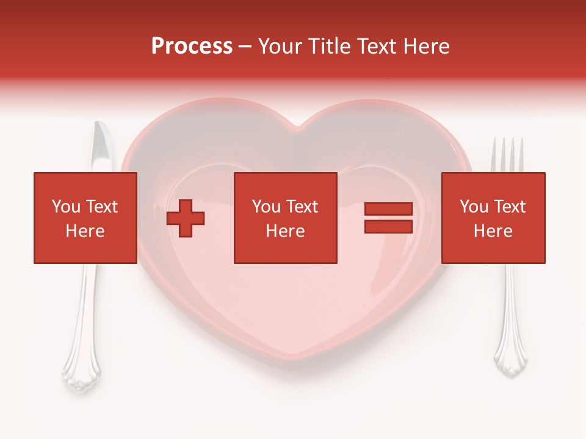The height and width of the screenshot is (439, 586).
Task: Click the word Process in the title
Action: point(192,46)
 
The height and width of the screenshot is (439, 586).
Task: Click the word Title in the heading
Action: point(329,46)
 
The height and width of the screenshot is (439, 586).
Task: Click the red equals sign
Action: point(389,218)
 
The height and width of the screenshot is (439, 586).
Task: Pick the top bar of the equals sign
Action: point(389,209)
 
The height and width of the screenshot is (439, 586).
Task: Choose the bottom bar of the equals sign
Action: point(389,226)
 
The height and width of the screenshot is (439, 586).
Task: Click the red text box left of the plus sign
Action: point(85,218)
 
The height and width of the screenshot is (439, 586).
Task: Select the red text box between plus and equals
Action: point(285,218)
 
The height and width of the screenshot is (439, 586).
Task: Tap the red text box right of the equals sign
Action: point(493,218)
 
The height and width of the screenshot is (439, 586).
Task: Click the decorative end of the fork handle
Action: point(510,363)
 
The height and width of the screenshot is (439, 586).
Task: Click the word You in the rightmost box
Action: point(473,207)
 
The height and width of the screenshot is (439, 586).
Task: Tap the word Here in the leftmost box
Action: point(85,231)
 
